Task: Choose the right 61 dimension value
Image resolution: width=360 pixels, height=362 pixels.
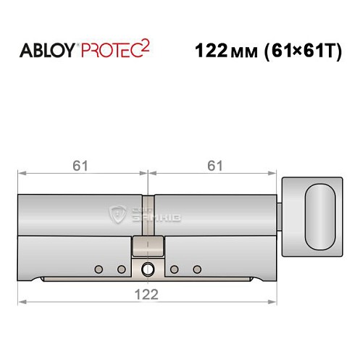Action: pyautogui.click(x=214, y=166)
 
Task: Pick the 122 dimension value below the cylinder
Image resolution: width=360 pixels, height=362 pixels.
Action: pyautogui.click(x=148, y=293)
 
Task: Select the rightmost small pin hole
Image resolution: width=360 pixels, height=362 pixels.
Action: pyautogui.click(x=197, y=270)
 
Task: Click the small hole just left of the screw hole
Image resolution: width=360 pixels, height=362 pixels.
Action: pyautogui.click(x=121, y=270)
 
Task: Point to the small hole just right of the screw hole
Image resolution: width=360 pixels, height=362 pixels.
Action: pyautogui.click(x=175, y=270)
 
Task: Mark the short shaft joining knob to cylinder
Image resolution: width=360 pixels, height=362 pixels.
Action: pyautogui.click(x=282, y=215)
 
